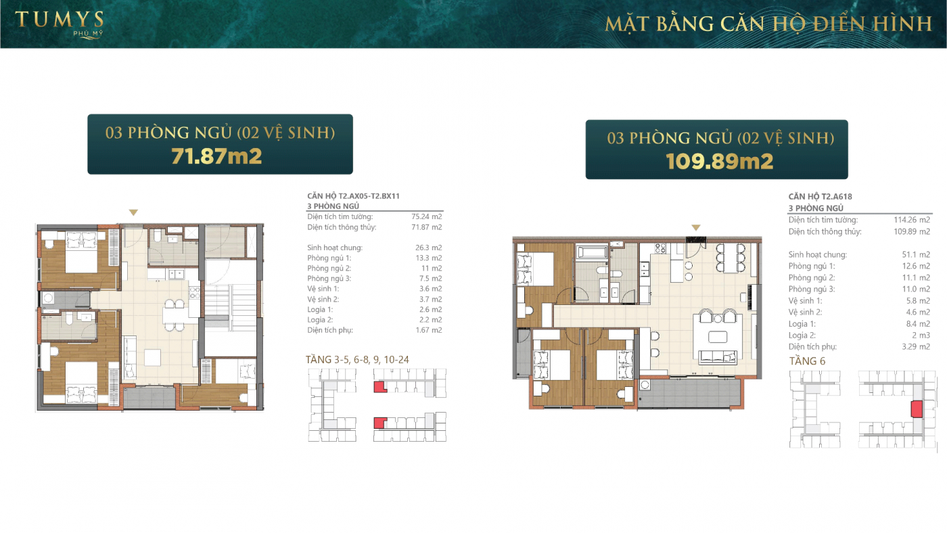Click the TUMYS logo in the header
[x=60, y=24]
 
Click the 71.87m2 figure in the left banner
[x=216, y=156]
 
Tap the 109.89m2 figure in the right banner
[x=719, y=162]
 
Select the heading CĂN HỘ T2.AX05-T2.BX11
[x=353, y=196]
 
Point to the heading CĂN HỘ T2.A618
[x=820, y=197]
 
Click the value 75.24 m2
[x=427, y=216]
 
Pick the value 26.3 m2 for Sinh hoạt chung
[x=428, y=248]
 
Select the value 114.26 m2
[x=912, y=220]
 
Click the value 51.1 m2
[x=916, y=254]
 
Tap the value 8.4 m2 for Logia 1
[x=918, y=324]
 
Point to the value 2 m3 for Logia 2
[x=921, y=335]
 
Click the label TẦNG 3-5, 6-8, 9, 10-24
[x=357, y=360]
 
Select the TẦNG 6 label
[x=807, y=361]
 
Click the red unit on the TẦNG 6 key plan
[x=916, y=410]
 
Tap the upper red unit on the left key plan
[x=380, y=387]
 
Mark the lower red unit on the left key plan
[x=380, y=423]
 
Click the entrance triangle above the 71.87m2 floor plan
[x=134, y=212]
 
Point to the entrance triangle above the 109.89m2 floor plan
[x=696, y=227]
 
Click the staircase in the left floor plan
[x=231, y=302]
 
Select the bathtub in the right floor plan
[x=592, y=253]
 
